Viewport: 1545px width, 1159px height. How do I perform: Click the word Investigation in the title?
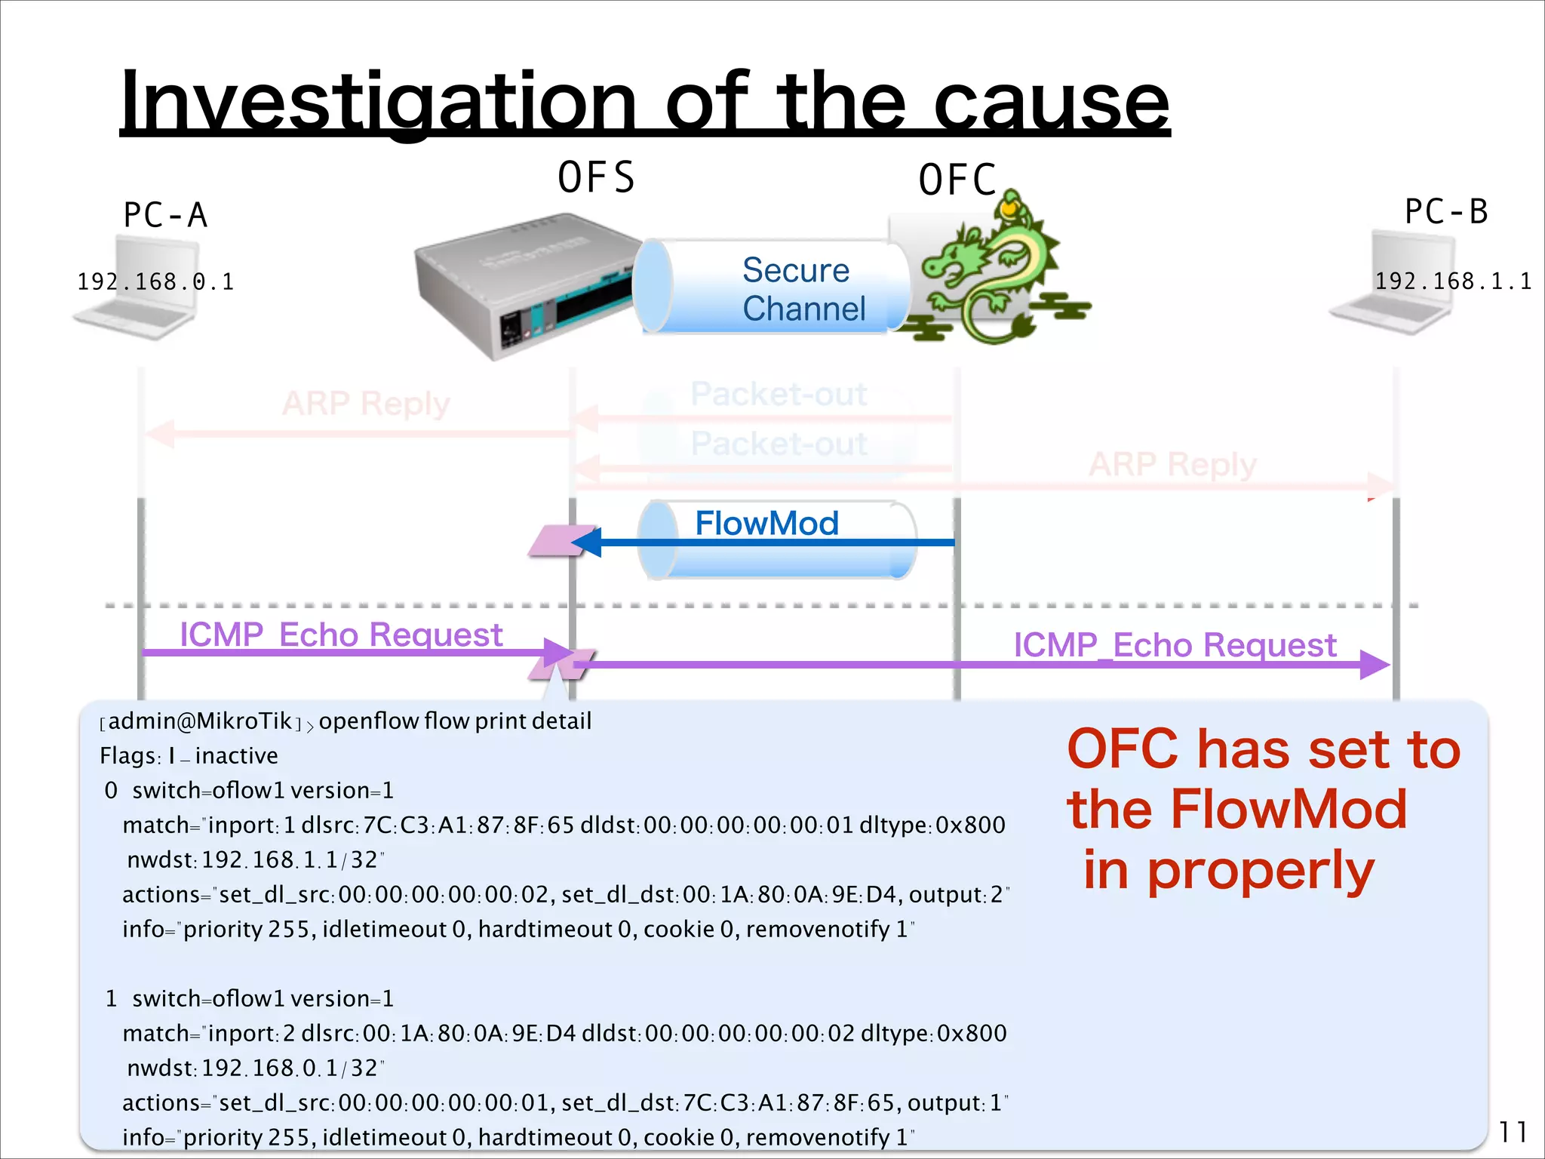(x=377, y=102)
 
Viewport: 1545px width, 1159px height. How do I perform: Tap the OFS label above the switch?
(x=596, y=178)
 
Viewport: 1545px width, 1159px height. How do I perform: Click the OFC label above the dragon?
(x=957, y=180)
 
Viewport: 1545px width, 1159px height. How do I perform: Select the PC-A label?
(x=164, y=215)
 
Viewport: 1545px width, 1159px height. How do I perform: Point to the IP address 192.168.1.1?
(x=1452, y=281)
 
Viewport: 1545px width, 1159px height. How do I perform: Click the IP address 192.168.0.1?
(x=155, y=282)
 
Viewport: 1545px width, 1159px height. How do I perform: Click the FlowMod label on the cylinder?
(x=766, y=523)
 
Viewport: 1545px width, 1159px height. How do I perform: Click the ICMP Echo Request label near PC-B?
(x=1174, y=645)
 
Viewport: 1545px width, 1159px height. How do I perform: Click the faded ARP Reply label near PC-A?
(x=366, y=404)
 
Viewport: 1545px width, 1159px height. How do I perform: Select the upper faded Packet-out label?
(x=779, y=394)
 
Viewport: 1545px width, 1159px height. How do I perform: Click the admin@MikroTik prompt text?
(x=200, y=721)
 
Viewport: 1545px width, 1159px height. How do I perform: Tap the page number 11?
(x=1512, y=1132)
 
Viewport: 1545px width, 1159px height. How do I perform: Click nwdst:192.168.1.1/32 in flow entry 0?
(x=255, y=860)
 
